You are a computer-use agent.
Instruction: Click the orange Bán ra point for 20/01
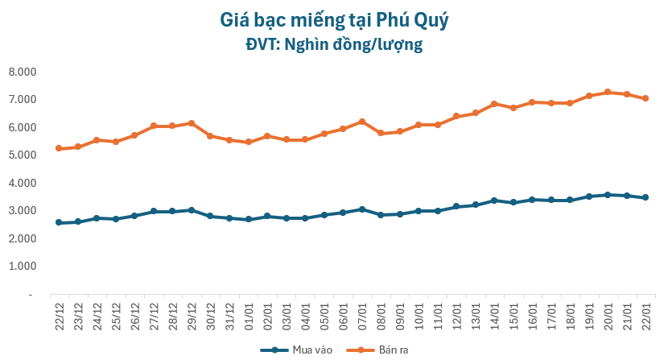pos(608,92)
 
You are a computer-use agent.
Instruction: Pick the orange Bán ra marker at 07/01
pos(362,122)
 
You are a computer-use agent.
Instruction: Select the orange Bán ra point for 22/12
pos(59,148)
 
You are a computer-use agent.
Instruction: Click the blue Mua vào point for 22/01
pos(645,197)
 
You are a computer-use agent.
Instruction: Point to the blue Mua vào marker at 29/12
pos(192,210)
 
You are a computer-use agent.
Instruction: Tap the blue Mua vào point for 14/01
pos(494,201)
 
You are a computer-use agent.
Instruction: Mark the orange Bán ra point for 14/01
pos(494,104)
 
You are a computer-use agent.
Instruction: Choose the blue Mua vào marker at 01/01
pos(248,219)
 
